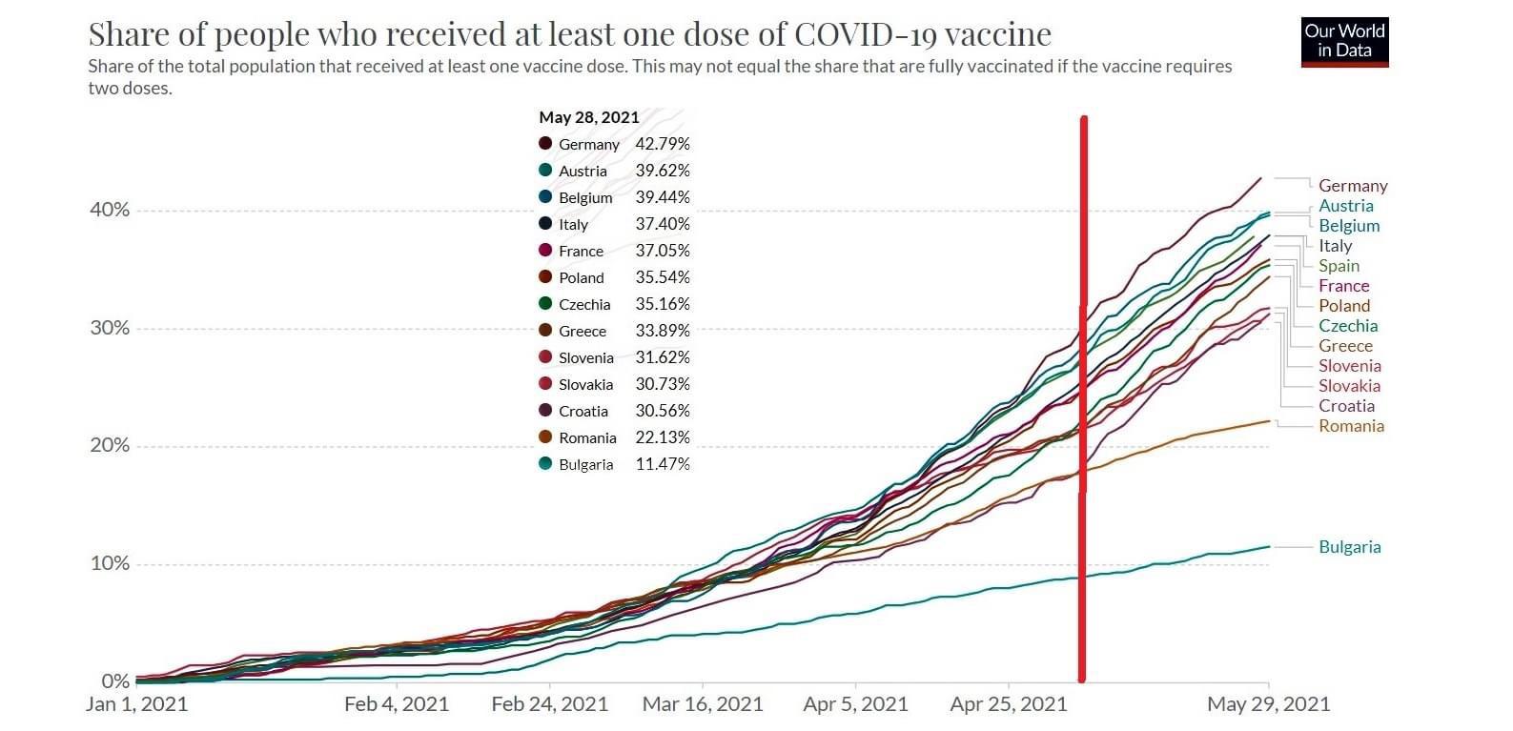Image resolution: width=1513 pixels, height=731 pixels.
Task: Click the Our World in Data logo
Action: (x=1344, y=42)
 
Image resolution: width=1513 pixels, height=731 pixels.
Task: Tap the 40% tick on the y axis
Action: (x=110, y=210)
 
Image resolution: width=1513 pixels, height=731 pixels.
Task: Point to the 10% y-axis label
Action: (x=110, y=563)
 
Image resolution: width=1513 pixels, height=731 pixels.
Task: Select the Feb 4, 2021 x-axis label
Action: (x=396, y=704)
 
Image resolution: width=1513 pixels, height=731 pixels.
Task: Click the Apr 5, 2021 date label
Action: (x=855, y=704)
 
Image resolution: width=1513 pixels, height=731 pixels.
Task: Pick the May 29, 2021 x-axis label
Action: (x=1268, y=704)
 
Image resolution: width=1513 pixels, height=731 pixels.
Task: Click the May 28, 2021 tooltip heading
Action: (x=588, y=117)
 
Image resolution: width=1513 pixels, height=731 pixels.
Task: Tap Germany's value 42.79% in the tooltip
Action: (x=663, y=144)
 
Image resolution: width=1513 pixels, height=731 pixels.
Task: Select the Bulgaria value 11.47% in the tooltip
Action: (x=663, y=464)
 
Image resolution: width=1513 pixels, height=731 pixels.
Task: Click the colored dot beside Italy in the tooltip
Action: (x=545, y=224)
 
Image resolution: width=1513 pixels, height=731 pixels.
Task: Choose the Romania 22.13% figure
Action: (x=663, y=437)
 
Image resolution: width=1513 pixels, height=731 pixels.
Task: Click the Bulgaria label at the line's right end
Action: (x=1349, y=547)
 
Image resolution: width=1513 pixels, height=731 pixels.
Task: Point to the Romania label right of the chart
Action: (x=1351, y=426)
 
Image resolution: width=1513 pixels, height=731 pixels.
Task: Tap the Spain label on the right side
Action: (x=1339, y=266)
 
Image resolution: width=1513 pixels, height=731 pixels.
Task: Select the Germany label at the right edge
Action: (x=1353, y=186)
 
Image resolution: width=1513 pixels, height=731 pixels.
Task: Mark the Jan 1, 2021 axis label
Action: (x=136, y=704)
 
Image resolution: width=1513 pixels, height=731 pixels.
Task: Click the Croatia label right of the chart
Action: (x=1346, y=406)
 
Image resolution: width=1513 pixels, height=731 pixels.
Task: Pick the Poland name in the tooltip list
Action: (x=581, y=277)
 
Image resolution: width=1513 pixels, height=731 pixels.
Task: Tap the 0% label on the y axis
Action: (x=114, y=681)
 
